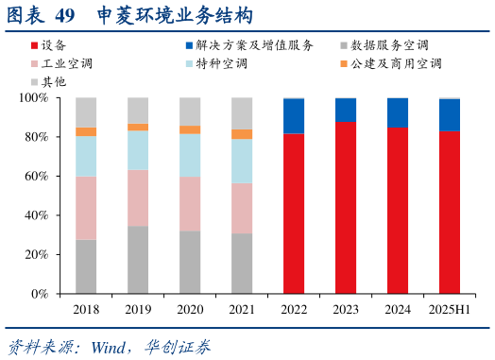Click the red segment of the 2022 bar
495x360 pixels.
(294, 213)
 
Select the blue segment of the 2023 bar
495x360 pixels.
(346, 110)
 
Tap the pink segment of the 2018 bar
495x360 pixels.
(86, 208)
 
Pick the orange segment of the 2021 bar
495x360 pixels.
(242, 134)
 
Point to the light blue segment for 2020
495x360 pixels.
(190, 155)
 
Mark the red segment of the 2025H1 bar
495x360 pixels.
(450, 213)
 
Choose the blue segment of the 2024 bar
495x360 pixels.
(398, 112)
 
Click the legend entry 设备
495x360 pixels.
(54, 45)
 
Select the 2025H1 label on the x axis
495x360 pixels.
(450, 308)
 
